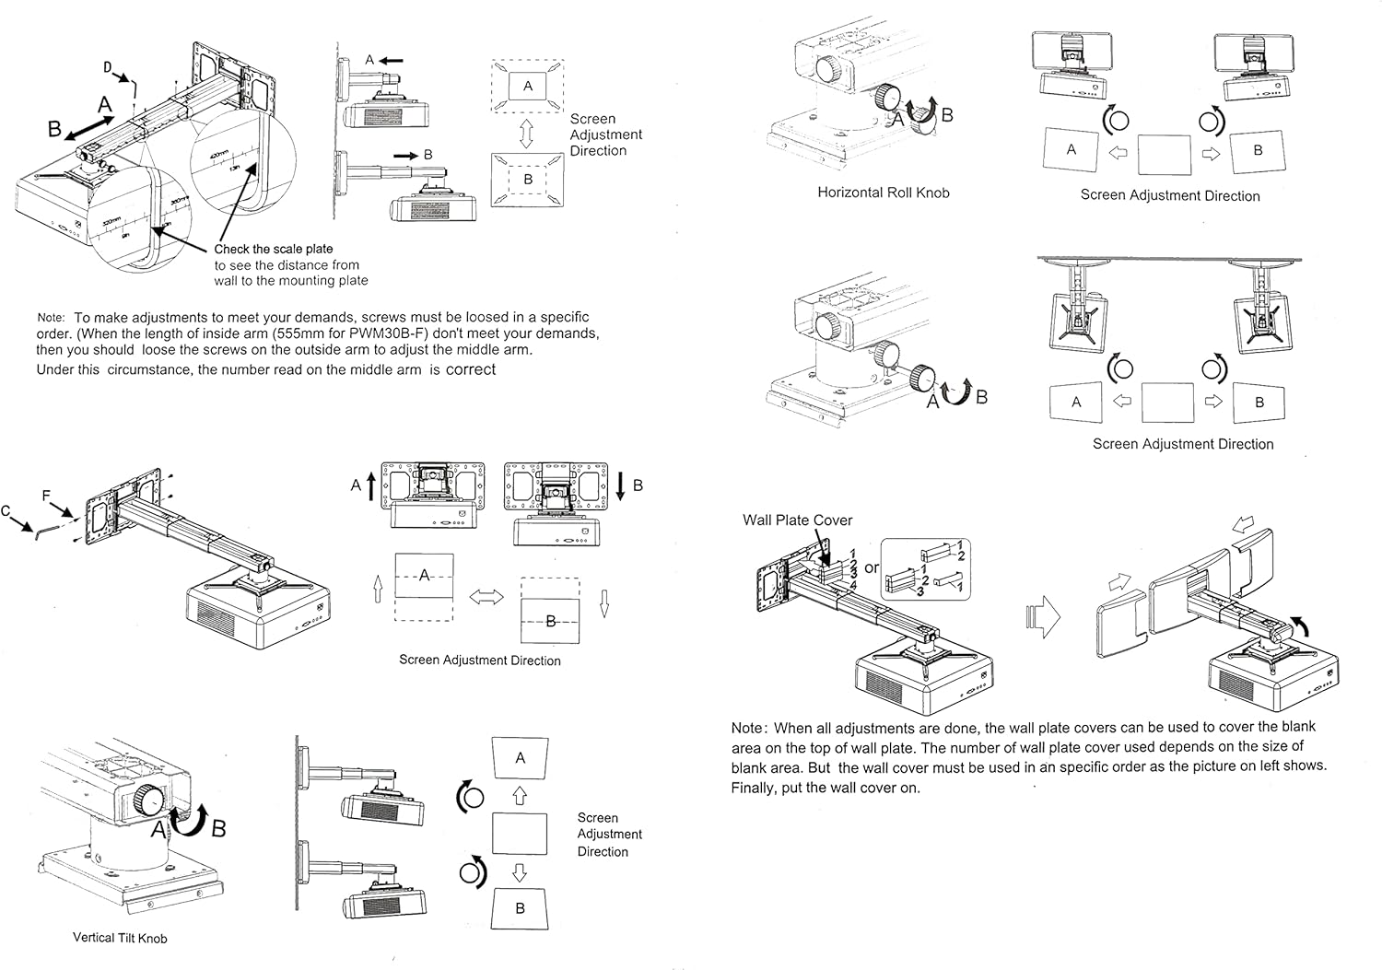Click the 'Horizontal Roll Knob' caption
[x=883, y=193]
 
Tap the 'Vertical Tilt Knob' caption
[x=120, y=938]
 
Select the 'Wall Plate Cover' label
[x=797, y=520]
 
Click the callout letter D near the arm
[x=107, y=66]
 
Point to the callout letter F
[x=47, y=496]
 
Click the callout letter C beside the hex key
[x=6, y=511]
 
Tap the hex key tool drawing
[x=42, y=532]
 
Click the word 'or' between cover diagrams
[x=871, y=568]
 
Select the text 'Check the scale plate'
[x=274, y=249]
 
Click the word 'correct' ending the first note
[x=471, y=369]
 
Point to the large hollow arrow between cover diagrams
[x=1042, y=615]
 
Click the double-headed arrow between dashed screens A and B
[x=486, y=598]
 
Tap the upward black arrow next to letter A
[x=372, y=485]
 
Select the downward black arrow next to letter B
[x=620, y=485]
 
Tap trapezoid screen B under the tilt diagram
[x=520, y=908]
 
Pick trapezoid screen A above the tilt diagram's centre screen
[x=520, y=758]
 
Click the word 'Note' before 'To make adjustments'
[x=51, y=317]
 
